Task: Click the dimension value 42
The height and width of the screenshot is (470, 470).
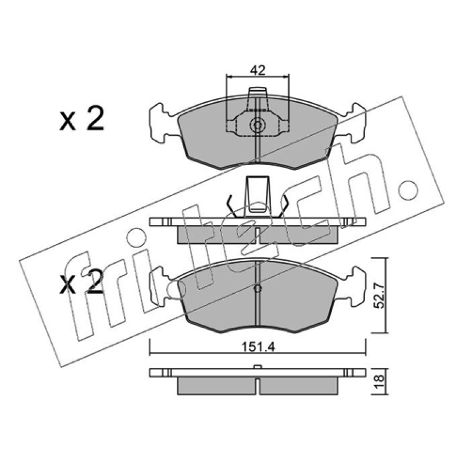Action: coord(258,70)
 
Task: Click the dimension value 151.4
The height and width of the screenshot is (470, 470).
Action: coord(258,347)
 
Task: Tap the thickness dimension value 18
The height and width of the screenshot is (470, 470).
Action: coord(380,382)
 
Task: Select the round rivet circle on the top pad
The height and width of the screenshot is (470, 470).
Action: coord(257,125)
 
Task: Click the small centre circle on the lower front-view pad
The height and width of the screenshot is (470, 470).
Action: coord(257,288)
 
